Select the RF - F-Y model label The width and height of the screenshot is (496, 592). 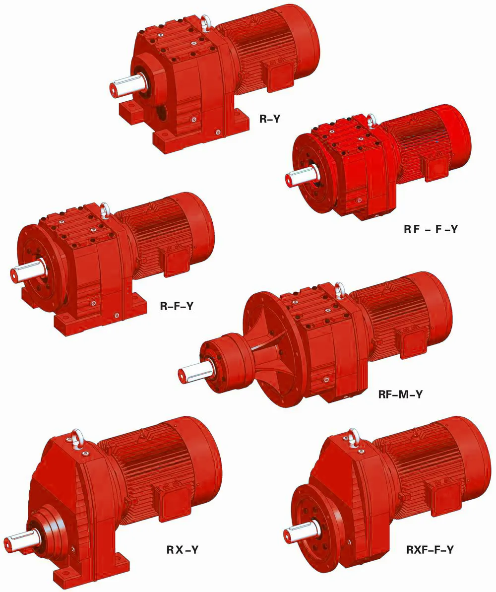pos(431,229)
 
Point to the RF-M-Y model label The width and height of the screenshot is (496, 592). pos(400,395)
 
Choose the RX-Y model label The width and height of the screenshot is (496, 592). pos(183,550)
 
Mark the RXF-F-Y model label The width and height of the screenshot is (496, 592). pos(430,550)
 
